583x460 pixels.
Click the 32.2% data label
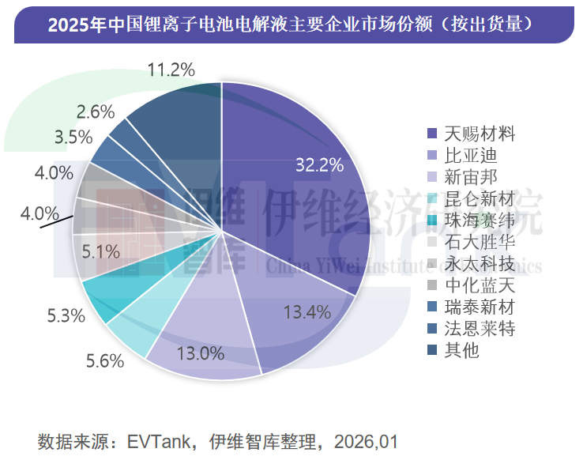tap(319, 165)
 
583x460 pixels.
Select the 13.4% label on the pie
tap(307, 311)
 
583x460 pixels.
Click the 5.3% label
tap(66, 316)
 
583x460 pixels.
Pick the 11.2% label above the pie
tap(171, 70)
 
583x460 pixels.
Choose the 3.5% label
tap(73, 137)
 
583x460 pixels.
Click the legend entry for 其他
tap(455, 350)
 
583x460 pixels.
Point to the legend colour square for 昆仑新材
tap(431, 198)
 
